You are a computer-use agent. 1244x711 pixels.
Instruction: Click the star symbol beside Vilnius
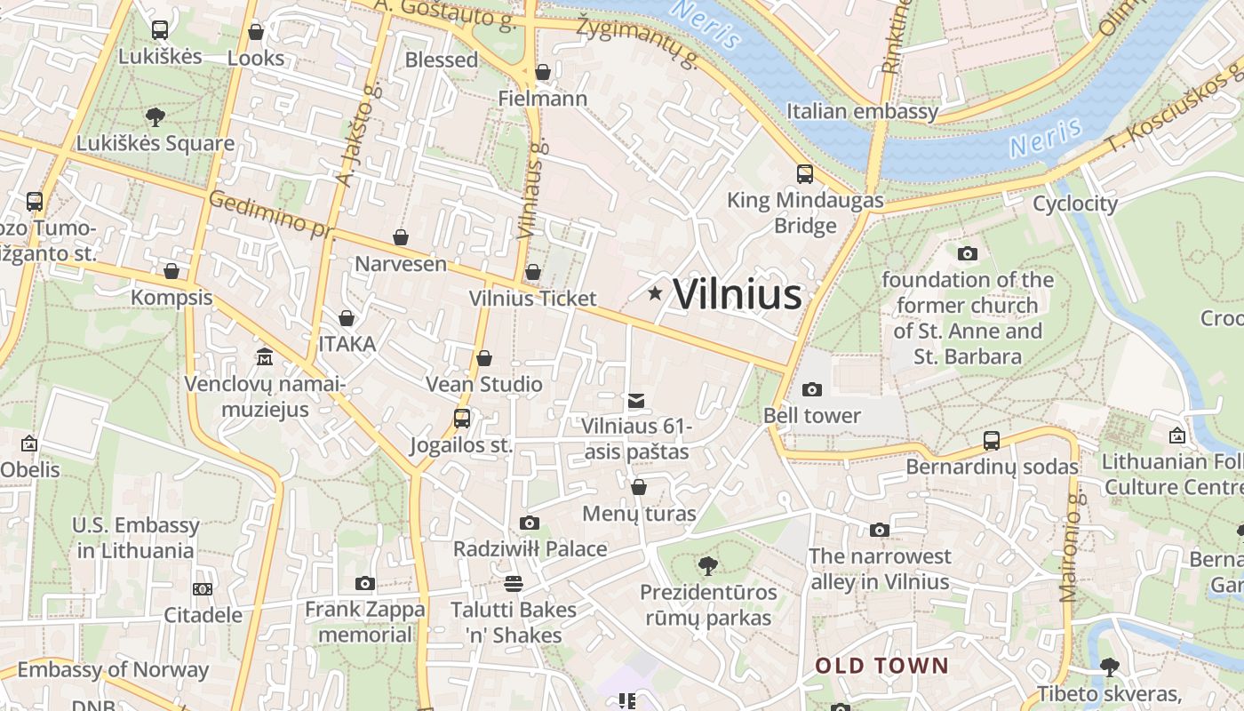pos(655,293)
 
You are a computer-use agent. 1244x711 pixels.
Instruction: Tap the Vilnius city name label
pos(738,295)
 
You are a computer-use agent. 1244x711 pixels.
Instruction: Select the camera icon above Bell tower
pos(811,389)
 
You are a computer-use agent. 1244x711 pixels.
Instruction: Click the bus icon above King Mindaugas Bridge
pos(804,174)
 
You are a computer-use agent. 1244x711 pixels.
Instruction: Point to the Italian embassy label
pos(862,111)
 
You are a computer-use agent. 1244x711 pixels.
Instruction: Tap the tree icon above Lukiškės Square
pos(155,116)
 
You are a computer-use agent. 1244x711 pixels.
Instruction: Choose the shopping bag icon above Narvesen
pos(401,237)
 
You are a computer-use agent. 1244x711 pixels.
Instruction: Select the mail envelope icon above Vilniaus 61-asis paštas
pos(635,401)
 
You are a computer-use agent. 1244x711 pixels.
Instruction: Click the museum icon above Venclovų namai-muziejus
pos(264,357)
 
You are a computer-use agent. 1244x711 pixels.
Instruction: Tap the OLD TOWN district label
pos(882,666)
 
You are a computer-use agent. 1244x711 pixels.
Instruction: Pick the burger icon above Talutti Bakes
pos(513,584)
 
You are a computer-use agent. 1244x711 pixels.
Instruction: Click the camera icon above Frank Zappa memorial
pos(364,583)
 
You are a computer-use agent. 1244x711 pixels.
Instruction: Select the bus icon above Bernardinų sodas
pos(992,440)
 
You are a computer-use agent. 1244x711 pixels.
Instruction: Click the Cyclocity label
pos(1075,204)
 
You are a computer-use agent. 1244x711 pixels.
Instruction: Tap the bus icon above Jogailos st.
pos(462,418)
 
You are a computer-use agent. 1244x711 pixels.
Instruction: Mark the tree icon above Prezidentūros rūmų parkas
pos(708,565)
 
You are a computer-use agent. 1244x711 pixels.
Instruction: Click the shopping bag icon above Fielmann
pos(543,72)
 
